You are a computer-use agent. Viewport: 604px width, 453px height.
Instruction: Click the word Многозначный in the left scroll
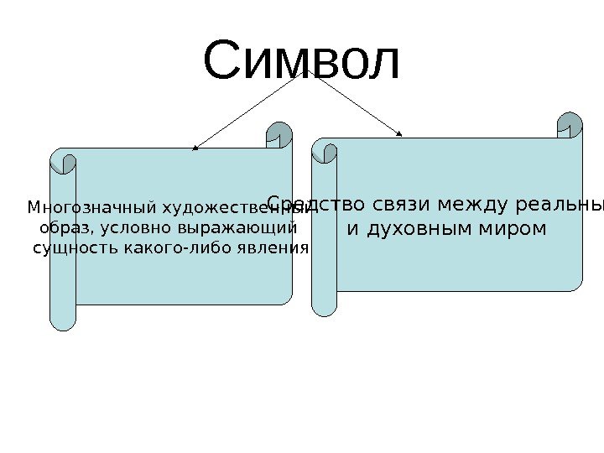coord(92,206)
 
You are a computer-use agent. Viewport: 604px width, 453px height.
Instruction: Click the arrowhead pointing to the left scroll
coord(195,148)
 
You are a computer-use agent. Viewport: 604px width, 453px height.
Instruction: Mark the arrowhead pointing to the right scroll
coord(400,132)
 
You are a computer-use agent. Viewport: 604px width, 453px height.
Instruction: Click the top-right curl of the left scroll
coord(279,134)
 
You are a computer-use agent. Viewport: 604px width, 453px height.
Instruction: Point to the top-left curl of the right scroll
coord(325,152)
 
